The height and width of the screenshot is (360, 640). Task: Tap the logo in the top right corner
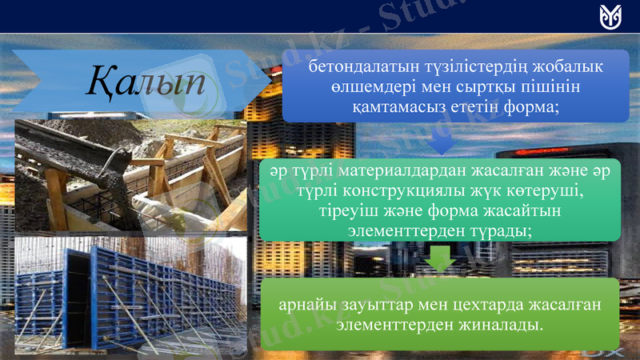(x=610, y=16)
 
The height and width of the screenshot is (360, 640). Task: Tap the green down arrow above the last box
(x=440, y=260)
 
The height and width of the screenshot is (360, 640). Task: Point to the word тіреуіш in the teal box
(x=345, y=211)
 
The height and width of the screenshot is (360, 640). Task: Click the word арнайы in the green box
(x=306, y=306)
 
